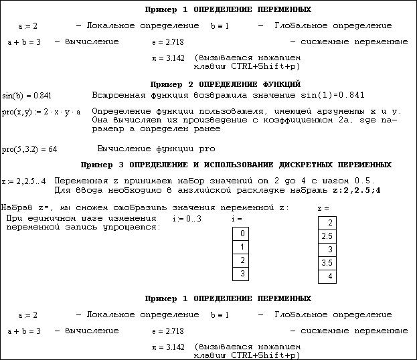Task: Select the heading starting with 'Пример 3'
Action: coord(236,165)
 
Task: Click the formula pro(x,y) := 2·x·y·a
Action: coord(41,111)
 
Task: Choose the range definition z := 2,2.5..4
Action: coord(24,181)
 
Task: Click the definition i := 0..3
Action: coord(187,219)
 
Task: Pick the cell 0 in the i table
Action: coord(241,234)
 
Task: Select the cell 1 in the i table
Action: coord(241,247)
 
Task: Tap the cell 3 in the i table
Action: coord(241,274)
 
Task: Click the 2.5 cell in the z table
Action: coord(327,236)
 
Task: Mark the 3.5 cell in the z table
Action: coord(327,263)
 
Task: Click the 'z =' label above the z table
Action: coord(323,209)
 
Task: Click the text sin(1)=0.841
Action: coord(329,95)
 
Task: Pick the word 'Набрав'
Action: coord(16,207)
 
